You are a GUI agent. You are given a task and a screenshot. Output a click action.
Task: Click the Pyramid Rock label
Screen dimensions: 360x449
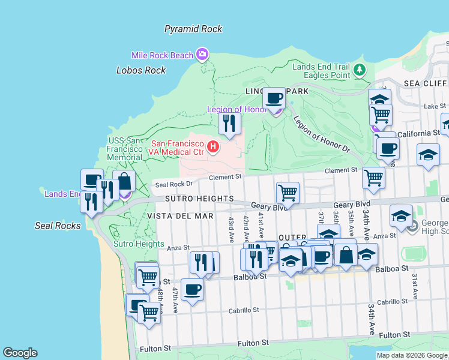click(193, 29)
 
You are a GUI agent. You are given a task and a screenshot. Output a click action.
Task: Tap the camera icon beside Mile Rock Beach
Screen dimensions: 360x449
click(202, 55)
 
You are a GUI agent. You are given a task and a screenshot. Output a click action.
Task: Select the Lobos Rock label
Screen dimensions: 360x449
click(140, 70)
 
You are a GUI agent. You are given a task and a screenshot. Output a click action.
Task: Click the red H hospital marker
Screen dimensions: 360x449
click(212, 146)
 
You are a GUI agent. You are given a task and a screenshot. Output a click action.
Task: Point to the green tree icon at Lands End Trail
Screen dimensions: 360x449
click(360, 70)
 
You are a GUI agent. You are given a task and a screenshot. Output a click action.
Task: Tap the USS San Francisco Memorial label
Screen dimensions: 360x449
click(124, 149)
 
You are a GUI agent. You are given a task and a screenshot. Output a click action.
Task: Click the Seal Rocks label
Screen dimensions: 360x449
click(58, 226)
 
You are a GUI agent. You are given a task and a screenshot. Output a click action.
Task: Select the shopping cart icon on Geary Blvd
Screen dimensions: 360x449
click(288, 193)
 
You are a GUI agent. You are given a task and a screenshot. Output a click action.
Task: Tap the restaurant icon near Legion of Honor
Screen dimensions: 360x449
click(229, 123)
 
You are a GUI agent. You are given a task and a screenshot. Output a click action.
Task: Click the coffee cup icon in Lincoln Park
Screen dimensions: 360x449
click(274, 98)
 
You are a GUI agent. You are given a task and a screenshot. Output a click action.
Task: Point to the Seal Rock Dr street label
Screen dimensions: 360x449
click(173, 184)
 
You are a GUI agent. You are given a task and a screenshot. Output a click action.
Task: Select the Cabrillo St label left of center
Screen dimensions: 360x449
click(243, 310)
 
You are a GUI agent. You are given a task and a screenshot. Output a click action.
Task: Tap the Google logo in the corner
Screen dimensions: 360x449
click(20, 353)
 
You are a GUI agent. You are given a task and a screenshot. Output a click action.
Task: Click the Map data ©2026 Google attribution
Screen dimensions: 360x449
click(411, 355)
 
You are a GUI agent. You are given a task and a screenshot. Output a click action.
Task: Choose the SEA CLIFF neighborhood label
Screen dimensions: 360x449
click(426, 83)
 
